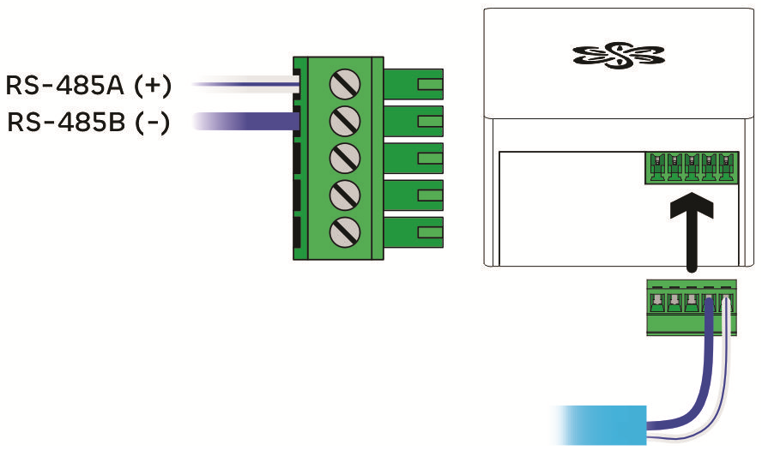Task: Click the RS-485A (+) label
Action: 89,86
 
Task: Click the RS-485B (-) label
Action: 89,123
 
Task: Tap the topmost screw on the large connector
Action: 344,83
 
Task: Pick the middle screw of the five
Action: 344,158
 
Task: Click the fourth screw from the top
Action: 344,194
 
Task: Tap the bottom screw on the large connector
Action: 344,231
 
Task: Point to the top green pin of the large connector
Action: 414,85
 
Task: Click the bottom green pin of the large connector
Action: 414,232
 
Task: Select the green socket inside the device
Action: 692,167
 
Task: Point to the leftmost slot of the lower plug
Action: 656,301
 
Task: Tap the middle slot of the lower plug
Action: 692,301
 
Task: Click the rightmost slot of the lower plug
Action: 726,301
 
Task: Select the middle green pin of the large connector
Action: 414,158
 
